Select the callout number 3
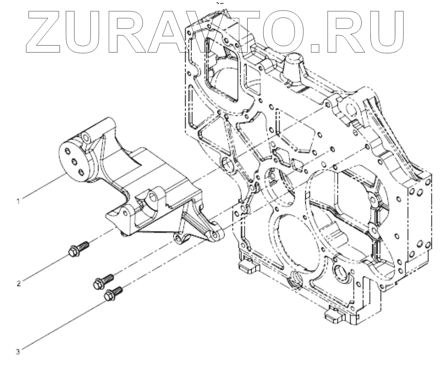(17, 351)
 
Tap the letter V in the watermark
(216, 32)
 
